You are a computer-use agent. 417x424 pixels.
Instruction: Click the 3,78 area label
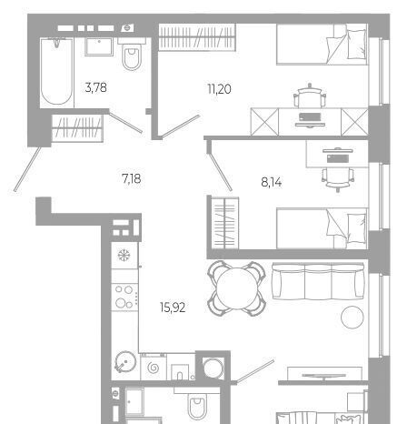click(x=96, y=87)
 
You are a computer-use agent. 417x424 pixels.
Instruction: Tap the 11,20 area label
click(x=219, y=89)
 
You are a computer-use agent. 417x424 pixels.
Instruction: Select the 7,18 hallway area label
click(x=132, y=178)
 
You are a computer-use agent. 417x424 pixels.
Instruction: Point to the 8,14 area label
click(x=272, y=182)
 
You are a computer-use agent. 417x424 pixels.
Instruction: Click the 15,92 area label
click(x=173, y=308)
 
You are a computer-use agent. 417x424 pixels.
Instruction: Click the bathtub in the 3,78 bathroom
click(x=57, y=72)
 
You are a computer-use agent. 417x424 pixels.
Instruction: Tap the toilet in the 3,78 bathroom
click(x=132, y=55)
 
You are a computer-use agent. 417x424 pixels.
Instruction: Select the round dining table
click(x=237, y=288)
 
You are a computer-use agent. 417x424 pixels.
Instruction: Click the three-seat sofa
click(x=318, y=281)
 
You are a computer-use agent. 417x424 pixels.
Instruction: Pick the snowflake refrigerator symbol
click(x=124, y=255)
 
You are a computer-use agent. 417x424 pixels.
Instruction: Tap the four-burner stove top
click(x=124, y=297)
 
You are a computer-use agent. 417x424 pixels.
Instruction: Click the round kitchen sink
click(x=125, y=362)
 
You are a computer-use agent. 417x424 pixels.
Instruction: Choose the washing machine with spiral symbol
click(x=154, y=367)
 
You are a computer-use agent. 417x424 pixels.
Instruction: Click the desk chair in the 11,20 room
click(x=310, y=96)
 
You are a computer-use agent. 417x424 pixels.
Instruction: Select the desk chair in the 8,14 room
click(x=338, y=179)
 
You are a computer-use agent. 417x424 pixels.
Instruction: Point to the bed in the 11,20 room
click(x=322, y=45)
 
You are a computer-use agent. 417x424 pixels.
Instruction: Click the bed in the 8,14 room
click(x=322, y=228)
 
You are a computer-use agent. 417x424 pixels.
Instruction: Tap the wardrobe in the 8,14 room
click(x=225, y=223)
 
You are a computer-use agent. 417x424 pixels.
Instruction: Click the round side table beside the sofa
click(x=352, y=318)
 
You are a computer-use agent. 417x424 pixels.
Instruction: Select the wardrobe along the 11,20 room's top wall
click(x=197, y=36)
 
